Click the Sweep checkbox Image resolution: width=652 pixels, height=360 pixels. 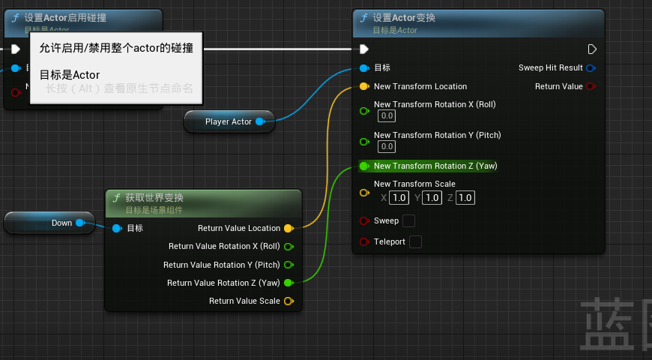pos(408,220)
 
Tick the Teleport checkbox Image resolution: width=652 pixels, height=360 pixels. pos(414,241)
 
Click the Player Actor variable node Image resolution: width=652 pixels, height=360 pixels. pos(229,121)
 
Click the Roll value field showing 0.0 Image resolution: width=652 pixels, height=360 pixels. pos(387,116)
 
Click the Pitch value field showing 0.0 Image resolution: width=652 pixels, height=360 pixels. pos(387,147)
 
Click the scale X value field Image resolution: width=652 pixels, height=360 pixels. pos(399,198)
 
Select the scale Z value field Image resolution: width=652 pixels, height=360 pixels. pos(465,198)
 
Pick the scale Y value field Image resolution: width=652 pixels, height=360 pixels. pos(432,198)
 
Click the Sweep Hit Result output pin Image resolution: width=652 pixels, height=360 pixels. pos(591,68)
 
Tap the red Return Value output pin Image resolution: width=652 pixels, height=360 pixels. pos(591,87)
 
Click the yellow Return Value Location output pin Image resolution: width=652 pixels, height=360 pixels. pos(289,228)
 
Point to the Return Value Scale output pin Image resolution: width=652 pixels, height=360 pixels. pos(289,301)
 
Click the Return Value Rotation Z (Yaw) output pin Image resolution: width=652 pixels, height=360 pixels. pos(289,283)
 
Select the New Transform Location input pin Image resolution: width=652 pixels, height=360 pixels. pos(364,86)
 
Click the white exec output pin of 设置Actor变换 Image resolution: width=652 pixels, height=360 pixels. pos(592,49)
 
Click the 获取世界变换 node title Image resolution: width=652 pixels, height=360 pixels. pos(154,198)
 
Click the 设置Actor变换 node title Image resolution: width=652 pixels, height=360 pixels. pos(404,18)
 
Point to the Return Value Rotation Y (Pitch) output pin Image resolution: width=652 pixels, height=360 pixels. pos(289,265)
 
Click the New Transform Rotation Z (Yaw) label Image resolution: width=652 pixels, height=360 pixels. pos(435,166)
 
